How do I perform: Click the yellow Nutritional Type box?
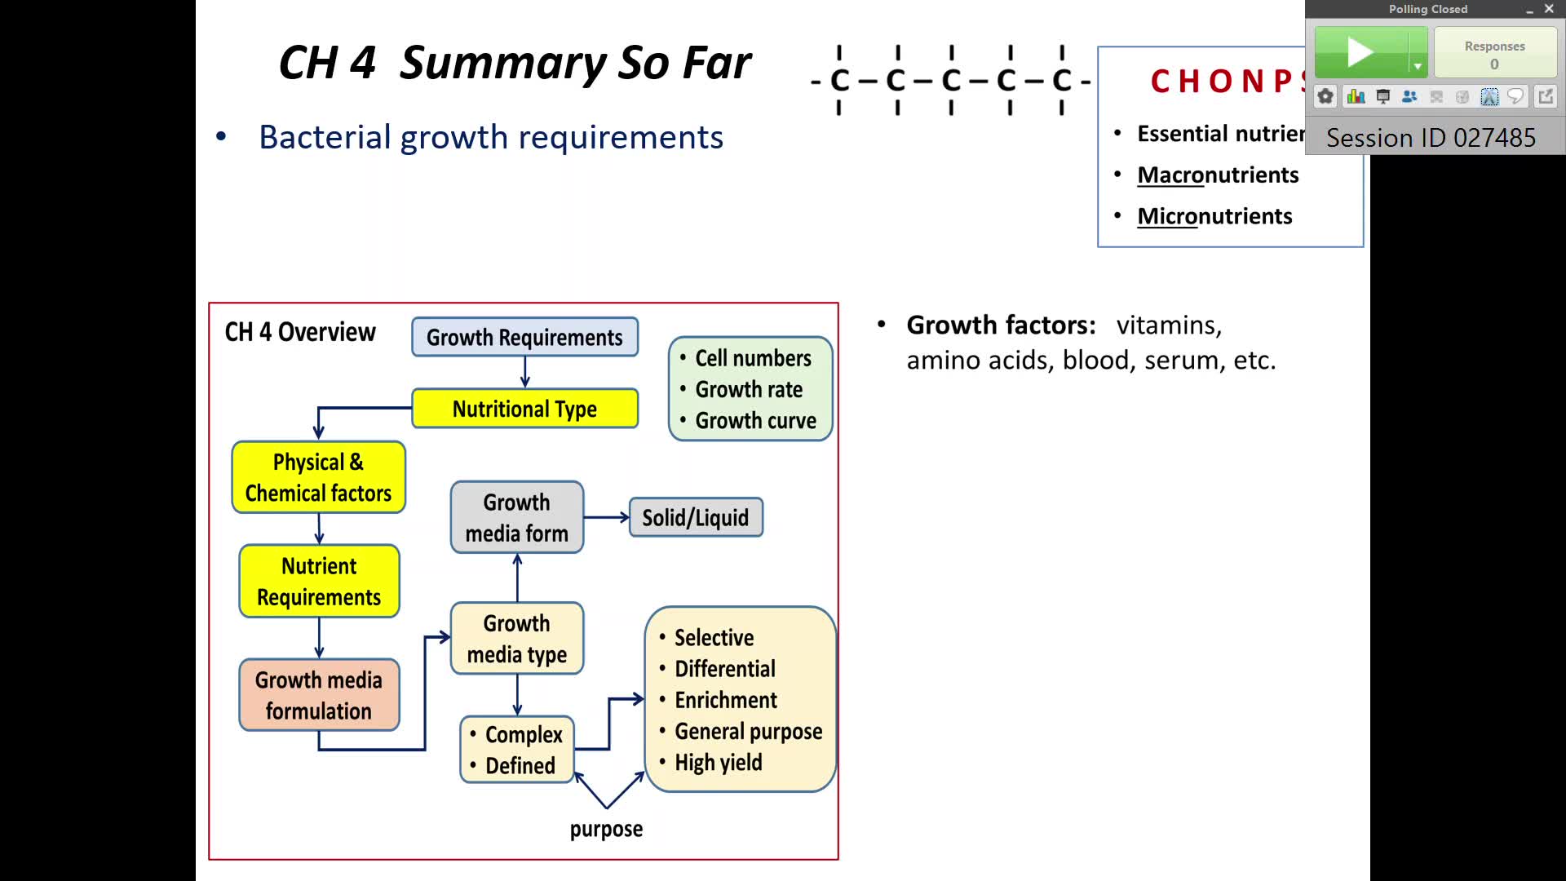click(x=524, y=409)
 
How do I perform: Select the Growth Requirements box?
click(x=524, y=337)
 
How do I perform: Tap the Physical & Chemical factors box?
click(x=318, y=477)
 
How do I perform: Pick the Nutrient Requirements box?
click(x=319, y=582)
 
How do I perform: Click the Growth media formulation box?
click(x=319, y=695)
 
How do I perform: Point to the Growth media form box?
click(x=516, y=517)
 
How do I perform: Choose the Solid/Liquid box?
click(x=696, y=517)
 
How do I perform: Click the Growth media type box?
click(x=516, y=639)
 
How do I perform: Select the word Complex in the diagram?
click(x=524, y=734)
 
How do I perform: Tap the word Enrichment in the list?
click(x=725, y=700)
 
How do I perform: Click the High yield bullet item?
click(x=718, y=763)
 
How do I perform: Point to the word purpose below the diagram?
click(x=606, y=829)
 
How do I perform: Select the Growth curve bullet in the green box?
click(x=755, y=421)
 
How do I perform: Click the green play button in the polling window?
click(x=1360, y=53)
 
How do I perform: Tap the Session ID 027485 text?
click(x=1431, y=137)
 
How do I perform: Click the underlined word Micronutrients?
click(x=1214, y=216)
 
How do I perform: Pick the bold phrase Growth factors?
click(x=1001, y=325)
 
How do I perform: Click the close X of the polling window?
click(x=1549, y=9)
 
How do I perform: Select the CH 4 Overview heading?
click(x=300, y=332)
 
